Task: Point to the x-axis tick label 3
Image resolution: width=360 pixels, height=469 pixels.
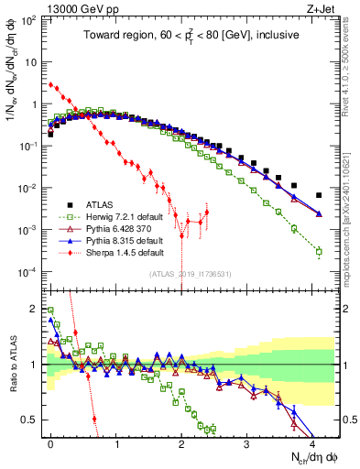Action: point(247,442)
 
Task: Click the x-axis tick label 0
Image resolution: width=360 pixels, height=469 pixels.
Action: point(50,442)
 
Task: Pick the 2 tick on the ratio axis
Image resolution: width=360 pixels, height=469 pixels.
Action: point(33,309)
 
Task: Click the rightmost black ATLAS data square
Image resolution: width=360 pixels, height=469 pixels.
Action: point(319,195)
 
